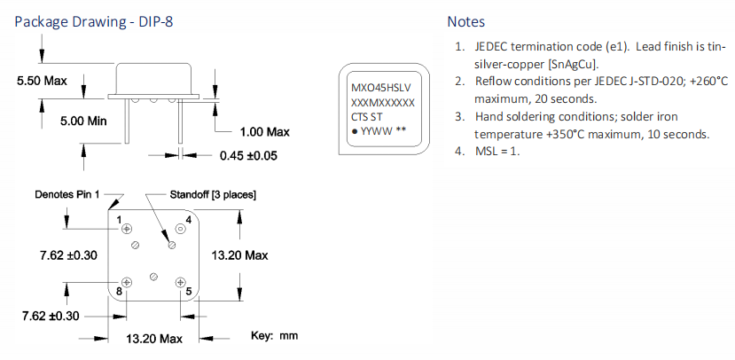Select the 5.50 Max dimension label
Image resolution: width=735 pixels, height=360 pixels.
tap(43, 81)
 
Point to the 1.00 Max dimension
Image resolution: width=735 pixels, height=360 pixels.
tap(265, 132)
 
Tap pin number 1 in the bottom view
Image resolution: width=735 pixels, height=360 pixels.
tap(119, 218)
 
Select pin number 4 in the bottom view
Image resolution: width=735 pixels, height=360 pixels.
tap(188, 218)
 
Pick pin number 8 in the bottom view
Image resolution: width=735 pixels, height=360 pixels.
tap(119, 291)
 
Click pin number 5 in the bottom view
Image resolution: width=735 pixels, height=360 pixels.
tap(188, 291)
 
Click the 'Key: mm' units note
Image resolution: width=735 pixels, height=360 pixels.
tap(275, 336)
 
